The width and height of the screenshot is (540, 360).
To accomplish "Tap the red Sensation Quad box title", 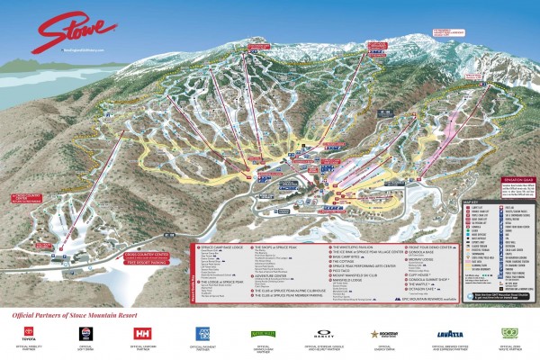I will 515,180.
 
